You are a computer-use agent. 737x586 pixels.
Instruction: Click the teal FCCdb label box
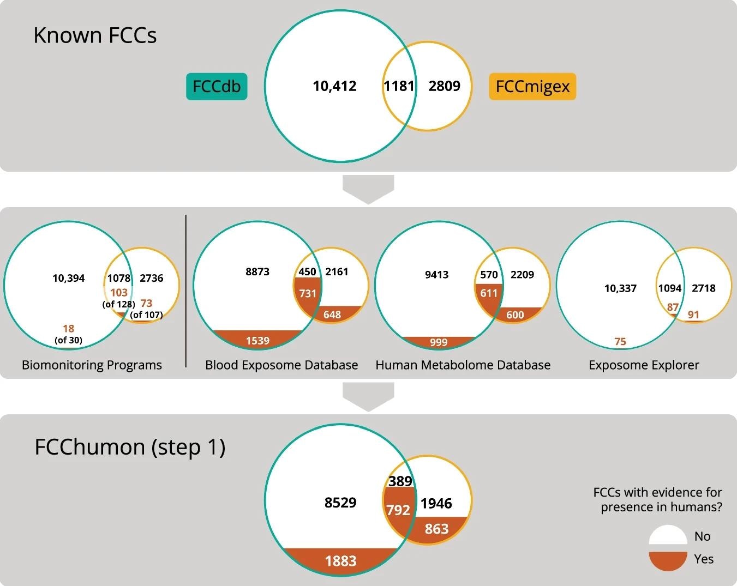pos(217,86)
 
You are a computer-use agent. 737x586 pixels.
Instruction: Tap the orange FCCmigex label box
pos(532,86)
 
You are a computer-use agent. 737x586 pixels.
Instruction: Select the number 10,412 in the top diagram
pos(334,86)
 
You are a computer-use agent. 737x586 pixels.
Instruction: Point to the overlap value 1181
pos(399,86)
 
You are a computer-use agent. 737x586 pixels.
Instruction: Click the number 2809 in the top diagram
pos(444,86)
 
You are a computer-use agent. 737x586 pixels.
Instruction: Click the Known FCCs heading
pos(95,35)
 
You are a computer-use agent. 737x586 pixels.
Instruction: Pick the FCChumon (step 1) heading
pos(130,446)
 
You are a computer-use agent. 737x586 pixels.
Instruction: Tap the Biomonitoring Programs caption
pos(92,365)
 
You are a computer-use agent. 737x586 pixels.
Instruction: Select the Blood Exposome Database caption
pos(281,365)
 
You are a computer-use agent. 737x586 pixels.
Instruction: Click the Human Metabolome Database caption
pos(463,365)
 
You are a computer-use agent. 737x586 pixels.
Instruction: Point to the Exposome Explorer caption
pos(644,365)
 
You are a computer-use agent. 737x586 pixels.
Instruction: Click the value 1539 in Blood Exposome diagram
pos(257,341)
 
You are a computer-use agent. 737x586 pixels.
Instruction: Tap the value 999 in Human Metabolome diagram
pos(439,342)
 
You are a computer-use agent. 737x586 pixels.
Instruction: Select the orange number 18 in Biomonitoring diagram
pos(68,329)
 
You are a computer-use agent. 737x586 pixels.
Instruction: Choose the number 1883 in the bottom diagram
pos(340,561)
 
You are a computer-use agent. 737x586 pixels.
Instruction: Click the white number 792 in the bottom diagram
pos(398,510)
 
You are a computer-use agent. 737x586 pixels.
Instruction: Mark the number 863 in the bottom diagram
pos(436,529)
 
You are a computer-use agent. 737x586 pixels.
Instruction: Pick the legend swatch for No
pos(668,535)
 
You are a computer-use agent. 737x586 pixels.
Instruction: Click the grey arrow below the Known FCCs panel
pos(368,189)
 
